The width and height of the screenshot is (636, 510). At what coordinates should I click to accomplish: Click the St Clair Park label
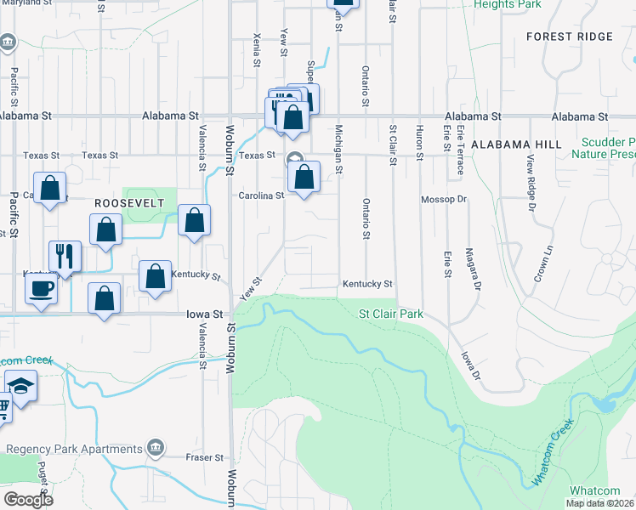tap(390, 314)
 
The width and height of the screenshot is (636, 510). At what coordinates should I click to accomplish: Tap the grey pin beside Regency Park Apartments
tap(155, 446)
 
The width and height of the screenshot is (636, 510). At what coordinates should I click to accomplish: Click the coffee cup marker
tap(41, 288)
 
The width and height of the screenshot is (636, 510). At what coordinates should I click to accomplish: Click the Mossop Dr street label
tap(445, 200)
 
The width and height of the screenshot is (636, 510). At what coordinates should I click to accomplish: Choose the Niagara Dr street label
tap(468, 267)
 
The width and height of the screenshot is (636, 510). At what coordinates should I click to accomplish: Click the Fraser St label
tap(205, 457)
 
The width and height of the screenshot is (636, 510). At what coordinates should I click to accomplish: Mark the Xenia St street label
tap(256, 50)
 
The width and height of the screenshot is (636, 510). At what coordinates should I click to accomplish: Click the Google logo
tap(28, 500)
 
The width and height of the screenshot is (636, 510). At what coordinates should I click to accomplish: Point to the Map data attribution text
tap(599, 503)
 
